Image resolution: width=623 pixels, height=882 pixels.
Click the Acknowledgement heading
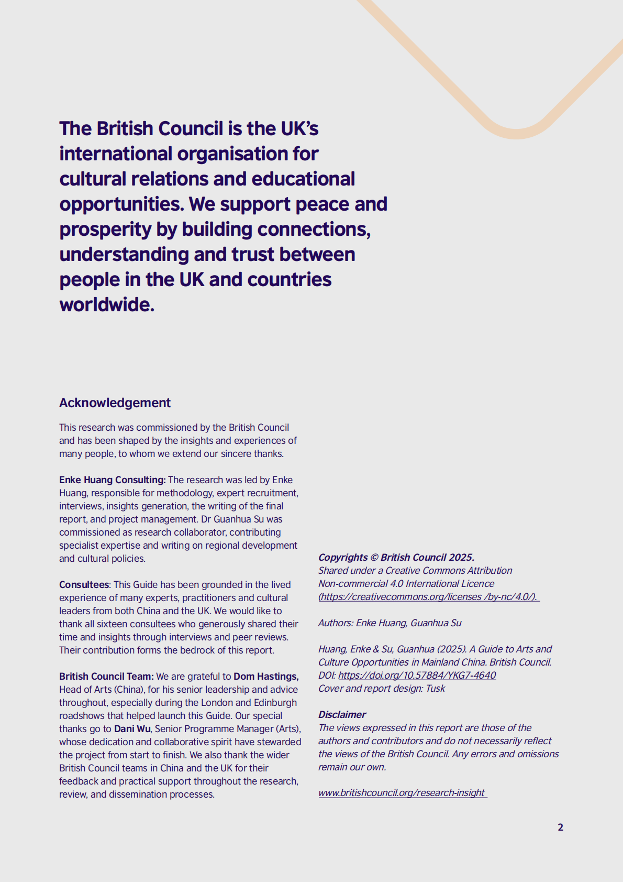115,402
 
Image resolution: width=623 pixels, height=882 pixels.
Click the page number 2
560,827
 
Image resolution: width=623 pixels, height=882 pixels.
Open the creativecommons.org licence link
428,596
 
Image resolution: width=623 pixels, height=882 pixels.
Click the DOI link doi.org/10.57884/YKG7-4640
417,675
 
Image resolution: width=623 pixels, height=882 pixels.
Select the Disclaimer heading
342,714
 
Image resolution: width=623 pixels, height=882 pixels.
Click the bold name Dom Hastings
265,676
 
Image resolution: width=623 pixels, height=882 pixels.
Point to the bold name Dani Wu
132,728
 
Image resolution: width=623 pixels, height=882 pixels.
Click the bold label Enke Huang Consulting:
112,480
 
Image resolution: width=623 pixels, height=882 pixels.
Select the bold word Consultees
84,584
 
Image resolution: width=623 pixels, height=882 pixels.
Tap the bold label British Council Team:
106,676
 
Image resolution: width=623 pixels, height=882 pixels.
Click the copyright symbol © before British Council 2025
374,557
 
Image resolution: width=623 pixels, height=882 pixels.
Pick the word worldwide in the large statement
106,304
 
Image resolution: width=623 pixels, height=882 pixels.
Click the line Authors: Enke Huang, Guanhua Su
390,623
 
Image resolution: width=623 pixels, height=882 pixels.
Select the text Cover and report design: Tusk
381,688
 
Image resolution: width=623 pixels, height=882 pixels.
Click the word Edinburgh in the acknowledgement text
275,702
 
